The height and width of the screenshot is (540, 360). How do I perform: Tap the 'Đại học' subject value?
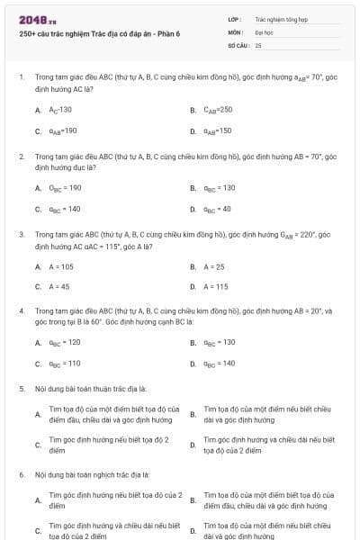point(264,31)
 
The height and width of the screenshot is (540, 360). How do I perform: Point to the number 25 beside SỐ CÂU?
point(258,44)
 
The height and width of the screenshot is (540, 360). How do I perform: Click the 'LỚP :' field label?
point(235,18)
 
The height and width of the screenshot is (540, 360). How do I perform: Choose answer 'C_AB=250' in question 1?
point(217,110)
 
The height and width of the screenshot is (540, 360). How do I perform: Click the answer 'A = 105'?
point(61,266)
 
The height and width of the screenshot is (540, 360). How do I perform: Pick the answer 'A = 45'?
point(59,287)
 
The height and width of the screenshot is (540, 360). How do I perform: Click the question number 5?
point(21,389)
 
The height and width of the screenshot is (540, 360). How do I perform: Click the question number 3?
point(21,233)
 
